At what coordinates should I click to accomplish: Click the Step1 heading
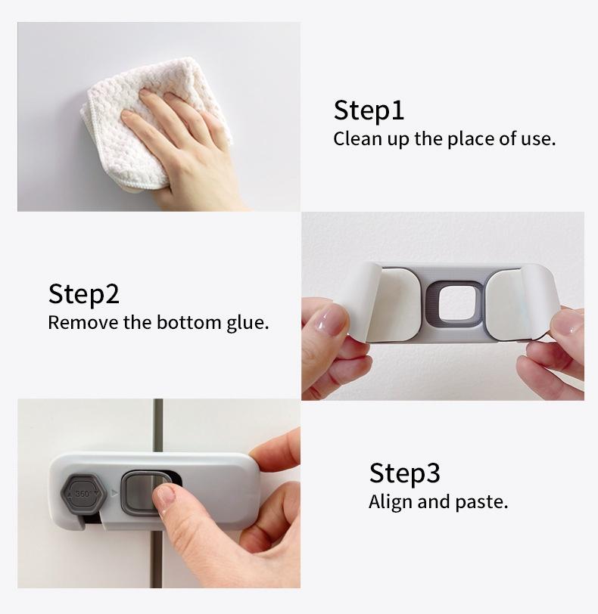pos(369,110)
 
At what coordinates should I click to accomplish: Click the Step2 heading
pos(84,293)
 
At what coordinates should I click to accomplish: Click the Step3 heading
pos(404,473)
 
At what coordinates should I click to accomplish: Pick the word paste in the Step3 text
pos(483,502)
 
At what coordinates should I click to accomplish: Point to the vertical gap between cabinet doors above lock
pos(157,427)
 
